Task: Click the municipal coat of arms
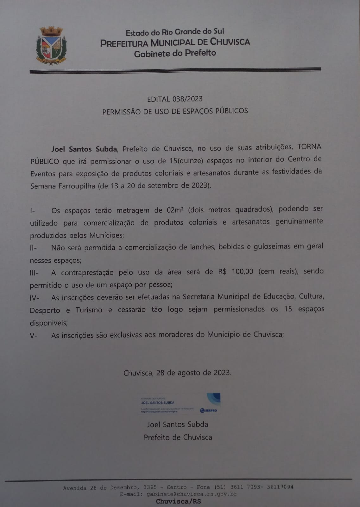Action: [51, 46]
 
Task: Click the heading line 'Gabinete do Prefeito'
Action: [175, 53]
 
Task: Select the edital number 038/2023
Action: [187, 99]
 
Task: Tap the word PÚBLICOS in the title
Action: [231, 111]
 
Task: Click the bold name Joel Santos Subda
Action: [84, 149]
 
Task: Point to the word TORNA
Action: [309, 147]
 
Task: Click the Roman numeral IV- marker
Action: [34, 298]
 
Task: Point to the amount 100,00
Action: [242, 272]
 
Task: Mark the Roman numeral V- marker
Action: [33, 336]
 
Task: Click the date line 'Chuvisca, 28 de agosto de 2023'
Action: [177, 373]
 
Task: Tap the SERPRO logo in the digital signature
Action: [209, 410]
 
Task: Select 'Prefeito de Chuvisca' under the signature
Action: [178, 437]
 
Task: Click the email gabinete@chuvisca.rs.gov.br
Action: [192, 494]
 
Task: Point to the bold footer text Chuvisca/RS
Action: [178, 501]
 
